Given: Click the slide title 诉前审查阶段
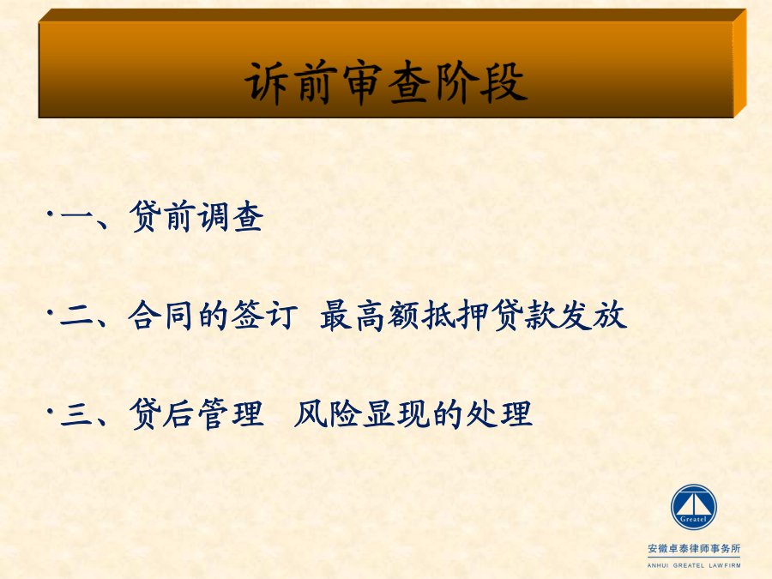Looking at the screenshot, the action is (x=387, y=82).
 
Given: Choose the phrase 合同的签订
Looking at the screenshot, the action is (x=214, y=315).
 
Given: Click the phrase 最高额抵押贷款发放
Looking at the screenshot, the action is (x=473, y=315).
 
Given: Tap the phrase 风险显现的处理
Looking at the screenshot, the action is (x=413, y=413).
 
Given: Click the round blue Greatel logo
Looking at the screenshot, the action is (x=693, y=507).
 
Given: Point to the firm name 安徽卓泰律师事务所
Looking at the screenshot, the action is (x=694, y=548).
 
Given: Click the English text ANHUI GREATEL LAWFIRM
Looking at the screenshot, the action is (x=694, y=565).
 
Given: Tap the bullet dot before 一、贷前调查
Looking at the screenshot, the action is (x=50, y=214).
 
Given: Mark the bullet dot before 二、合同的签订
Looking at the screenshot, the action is (x=50, y=311).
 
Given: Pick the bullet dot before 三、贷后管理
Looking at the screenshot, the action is (x=50, y=410).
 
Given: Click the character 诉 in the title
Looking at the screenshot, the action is (x=266, y=82).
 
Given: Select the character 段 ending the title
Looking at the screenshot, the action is (x=505, y=82).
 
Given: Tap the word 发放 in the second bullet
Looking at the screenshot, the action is (x=594, y=315).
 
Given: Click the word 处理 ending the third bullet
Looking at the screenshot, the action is (x=499, y=413).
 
